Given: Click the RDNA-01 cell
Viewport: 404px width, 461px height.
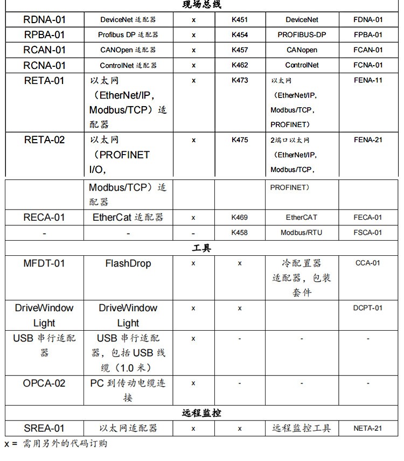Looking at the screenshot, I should coord(44,20).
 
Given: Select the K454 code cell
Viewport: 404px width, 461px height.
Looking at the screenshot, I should coord(240,35).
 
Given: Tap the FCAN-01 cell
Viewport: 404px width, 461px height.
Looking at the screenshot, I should coord(368,50).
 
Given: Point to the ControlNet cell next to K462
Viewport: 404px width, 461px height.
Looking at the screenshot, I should coord(302,65).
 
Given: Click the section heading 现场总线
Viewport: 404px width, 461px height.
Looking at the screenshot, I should coord(201,5).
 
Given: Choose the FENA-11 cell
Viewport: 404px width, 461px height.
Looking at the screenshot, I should coord(368,81).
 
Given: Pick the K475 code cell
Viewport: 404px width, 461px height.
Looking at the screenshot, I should coord(240,140).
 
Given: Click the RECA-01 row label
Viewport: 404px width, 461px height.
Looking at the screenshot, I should coord(44,218).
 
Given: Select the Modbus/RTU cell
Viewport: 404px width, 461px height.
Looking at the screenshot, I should coord(302,233).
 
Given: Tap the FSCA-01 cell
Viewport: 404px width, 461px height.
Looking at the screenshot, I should coord(368,233).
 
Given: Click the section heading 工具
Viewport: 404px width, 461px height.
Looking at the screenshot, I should coord(201,248).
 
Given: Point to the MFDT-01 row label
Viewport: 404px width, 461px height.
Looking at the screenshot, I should coord(44,263).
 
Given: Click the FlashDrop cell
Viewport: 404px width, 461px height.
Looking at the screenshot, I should coord(128,263).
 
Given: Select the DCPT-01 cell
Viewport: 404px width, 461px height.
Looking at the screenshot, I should coord(368,308).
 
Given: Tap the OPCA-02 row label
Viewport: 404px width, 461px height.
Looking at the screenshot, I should coord(44,383).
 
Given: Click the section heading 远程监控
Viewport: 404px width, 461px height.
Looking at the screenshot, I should coord(201,413).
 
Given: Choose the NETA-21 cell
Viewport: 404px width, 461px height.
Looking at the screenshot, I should coord(368,429).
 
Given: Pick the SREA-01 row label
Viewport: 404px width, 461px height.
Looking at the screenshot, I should coord(44,429).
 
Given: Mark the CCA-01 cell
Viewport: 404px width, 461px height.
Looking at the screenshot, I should coord(368,263).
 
